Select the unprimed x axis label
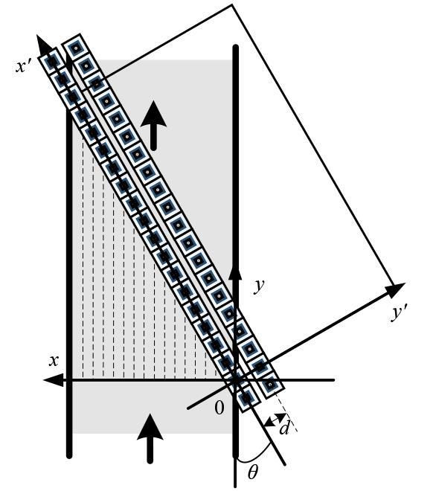click(54, 361)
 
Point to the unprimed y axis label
click(259, 286)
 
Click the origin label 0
click(219, 408)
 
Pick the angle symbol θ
click(253, 472)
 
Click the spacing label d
click(284, 428)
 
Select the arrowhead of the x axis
click(53, 380)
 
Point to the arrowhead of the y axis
click(235, 271)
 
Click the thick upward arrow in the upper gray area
click(153, 125)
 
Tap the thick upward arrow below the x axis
click(150, 438)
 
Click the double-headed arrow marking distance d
click(275, 420)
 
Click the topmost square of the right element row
click(75, 48)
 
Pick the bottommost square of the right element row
click(270, 384)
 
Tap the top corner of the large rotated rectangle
click(232, 4)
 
